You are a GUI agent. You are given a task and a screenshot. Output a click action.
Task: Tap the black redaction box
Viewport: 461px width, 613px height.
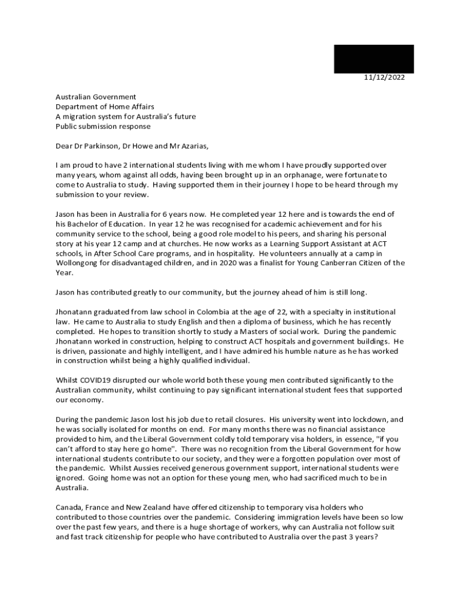[x=374, y=59]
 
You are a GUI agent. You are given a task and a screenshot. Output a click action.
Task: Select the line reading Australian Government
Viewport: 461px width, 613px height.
[x=96, y=97]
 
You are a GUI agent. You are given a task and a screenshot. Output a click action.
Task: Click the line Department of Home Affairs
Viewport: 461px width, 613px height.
[x=105, y=107]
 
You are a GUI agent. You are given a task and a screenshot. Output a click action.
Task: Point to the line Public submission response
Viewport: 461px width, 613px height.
[x=103, y=126]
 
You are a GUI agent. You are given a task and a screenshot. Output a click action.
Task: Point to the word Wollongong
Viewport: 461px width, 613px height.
[x=78, y=262]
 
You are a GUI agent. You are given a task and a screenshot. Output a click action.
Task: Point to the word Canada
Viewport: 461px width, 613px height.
[x=70, y=508]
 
